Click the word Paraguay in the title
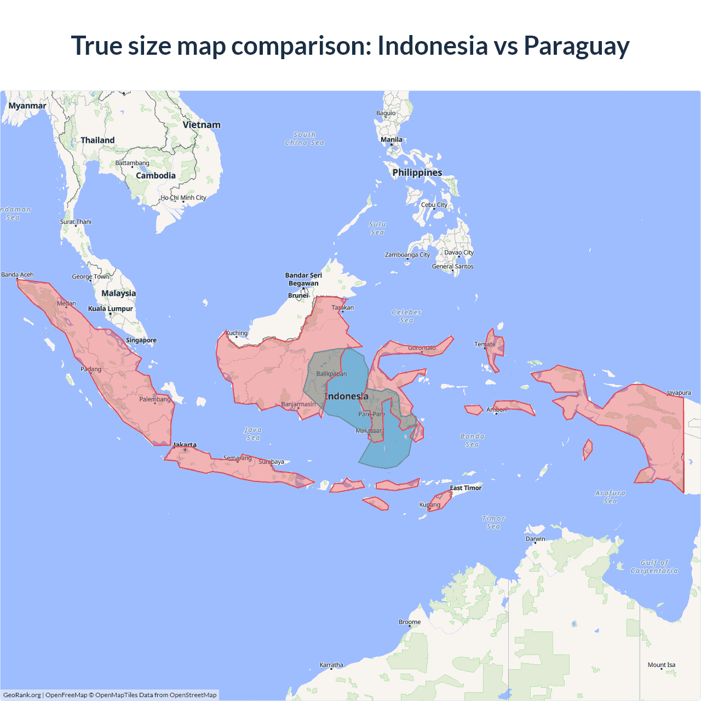[x=576, y=46]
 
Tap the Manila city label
[x=392, y=140]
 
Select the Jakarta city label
[x=185, y=445]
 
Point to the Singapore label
[x=141, y=340]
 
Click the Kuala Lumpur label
[x=111, y=309]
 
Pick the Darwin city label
[x=535, y=539]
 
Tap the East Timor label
[x=466, y=488]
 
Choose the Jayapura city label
[x=679, y=393]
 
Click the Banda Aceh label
[x=18, y=274]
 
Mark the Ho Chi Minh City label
[x=183, y=198]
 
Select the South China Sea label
[x=304, y=139]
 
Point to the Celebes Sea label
[x=406, y=316]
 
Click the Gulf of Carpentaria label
[x=654, y=567]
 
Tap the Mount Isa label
[x=662, y=665]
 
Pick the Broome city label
[x=410, y=622]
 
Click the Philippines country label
[x=417, y=173]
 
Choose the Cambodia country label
[x=156, y=176]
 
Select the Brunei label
[x=298, y=296]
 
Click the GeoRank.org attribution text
[x=22, y=695]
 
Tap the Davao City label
[x=459, y=252]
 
